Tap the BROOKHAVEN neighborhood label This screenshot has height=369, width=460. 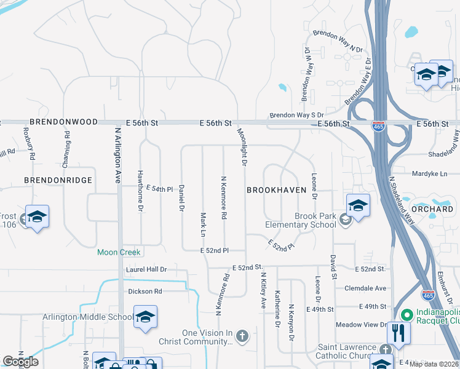coord(276,190)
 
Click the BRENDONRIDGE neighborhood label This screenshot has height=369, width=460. coord(58,180)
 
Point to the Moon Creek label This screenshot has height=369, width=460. coord(119,252)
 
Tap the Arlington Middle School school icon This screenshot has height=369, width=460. coord(145,317)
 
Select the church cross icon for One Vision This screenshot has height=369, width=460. coord(243,335)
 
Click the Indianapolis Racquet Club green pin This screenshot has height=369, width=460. coord(405,314)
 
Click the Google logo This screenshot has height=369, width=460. coord(20,361)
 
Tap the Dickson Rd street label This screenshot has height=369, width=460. coord(145,291)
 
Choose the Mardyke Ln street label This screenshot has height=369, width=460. coord(430,174)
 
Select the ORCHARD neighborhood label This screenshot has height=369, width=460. coord(437,209)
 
